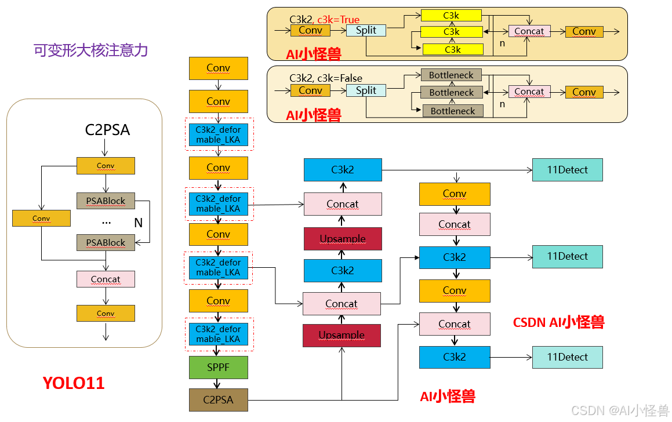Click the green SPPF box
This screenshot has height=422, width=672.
tap(218, 368)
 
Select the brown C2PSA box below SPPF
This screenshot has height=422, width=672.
tap(218, 399)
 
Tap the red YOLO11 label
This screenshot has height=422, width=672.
tap(74, 383)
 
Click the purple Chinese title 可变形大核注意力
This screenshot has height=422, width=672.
tap(91, 50)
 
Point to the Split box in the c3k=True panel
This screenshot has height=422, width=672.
tap(366, 30)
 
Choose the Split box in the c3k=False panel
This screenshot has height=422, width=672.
tap(366, 90)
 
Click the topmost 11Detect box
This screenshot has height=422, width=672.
tap(567, 170)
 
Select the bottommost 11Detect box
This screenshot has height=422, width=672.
tap(567, 357)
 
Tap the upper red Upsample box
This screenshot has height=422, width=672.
tap(343, 239)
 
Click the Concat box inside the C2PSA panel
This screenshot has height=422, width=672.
tap(106, 279)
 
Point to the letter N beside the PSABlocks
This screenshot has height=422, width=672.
tap(138, 223)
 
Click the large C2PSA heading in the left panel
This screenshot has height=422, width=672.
tap(107, 130)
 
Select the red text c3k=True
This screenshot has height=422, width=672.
tap(338, 20)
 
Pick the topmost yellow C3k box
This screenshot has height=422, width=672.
tap(451, 14)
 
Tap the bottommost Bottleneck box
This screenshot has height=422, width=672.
tap(452, 111)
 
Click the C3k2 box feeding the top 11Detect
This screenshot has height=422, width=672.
tap(343, 170)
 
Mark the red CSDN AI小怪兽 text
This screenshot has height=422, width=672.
tap(558, 322)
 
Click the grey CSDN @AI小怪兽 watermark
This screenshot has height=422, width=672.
tap(620, 410)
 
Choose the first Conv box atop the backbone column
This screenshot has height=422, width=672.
tap(218, 68)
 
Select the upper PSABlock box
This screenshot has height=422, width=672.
tap(106, 201)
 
